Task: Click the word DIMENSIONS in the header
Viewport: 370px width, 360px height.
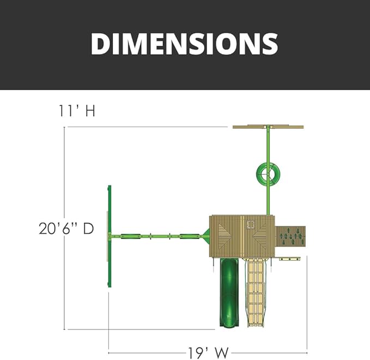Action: point(184,44)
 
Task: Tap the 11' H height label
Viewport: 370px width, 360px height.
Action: point(77,111)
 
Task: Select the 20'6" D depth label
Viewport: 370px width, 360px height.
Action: point(66,229)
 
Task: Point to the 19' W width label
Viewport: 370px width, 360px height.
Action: point(208,353)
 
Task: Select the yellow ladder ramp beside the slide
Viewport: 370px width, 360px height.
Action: point(256,292)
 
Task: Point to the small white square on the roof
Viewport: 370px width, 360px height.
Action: point(250,224)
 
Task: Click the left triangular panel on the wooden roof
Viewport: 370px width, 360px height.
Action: point(225,236)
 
